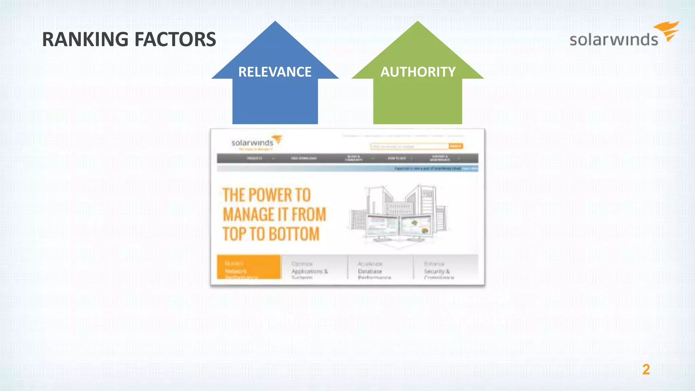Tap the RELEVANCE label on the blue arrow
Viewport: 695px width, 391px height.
coord(275,72)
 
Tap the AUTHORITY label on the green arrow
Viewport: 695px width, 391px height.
coord(418,72)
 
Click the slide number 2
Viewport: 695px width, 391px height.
coord(646,369)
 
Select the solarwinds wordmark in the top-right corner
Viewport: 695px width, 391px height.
coord(614,40)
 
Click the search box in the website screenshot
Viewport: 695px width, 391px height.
coord(409,146)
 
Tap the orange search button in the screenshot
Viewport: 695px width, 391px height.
coord(455,146)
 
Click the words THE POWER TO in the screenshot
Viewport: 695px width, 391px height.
coord(267,195)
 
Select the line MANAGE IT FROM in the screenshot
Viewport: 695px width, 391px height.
coord(274,215)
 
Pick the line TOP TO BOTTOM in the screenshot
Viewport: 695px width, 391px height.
coord(271,234)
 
